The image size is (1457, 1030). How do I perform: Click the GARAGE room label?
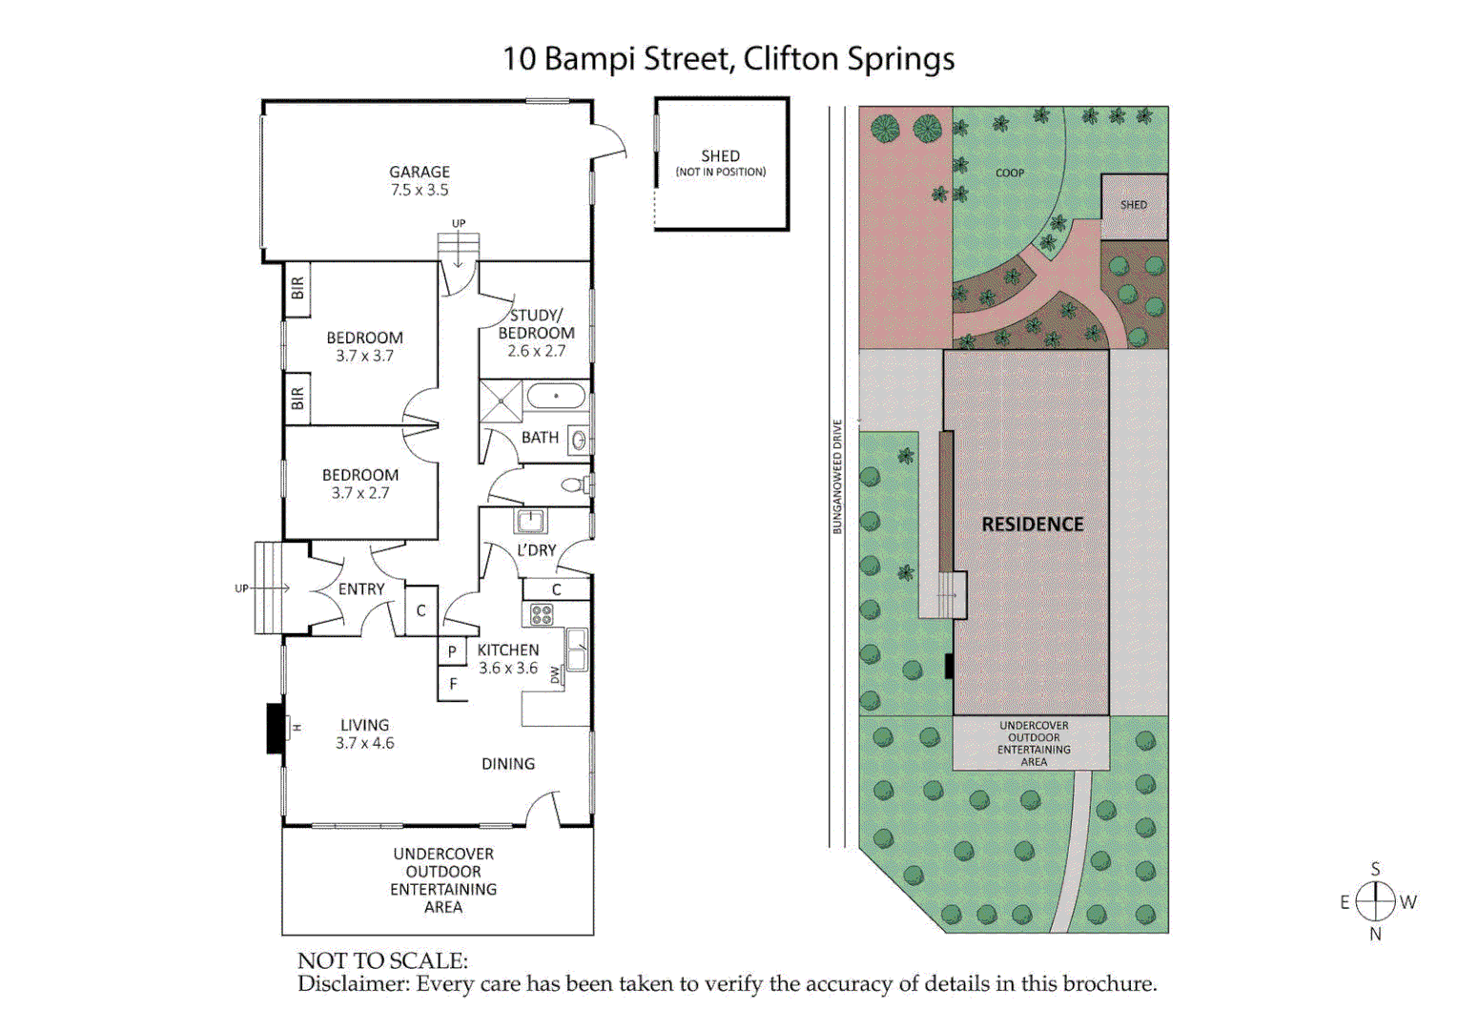(419, 172)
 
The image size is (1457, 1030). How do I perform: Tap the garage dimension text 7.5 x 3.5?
(419, 190)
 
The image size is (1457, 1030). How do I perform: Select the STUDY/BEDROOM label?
(536, 324)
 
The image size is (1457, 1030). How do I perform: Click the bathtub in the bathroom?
(556, 396)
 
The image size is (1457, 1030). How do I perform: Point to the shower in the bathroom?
(501, 401)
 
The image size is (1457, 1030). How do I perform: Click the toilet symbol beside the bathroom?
(575, 485)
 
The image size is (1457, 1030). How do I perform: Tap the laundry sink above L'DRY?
(530, 521)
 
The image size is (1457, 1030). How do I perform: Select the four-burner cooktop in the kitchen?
(542, 614)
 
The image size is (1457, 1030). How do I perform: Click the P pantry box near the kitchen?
(452, 651)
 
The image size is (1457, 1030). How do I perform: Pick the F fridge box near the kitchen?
(453, 684)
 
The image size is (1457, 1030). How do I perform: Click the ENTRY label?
(361, 589)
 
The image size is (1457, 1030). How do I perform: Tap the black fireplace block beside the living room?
(275, 728)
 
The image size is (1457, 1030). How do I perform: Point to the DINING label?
(507, 764)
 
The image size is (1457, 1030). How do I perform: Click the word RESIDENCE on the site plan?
(1033, 525)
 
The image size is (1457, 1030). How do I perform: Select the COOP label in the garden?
(1010, 173)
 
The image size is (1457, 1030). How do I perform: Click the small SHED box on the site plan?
(1134, 206)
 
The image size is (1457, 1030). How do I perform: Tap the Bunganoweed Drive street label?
(838, 477)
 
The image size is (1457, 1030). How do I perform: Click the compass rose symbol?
(1375, 900)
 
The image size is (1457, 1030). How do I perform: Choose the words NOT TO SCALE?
(382, 960)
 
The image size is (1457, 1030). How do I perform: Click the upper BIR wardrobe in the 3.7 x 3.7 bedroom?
(298, 288)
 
